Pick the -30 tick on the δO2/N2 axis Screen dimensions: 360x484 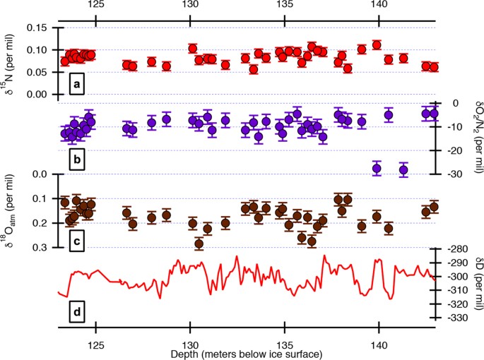click(x=451, y=174)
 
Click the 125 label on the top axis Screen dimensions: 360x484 click(x=95, y=6)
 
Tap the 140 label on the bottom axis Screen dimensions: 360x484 click(x=379, y=340)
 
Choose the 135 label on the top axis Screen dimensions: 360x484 click(x=284, y=6)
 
